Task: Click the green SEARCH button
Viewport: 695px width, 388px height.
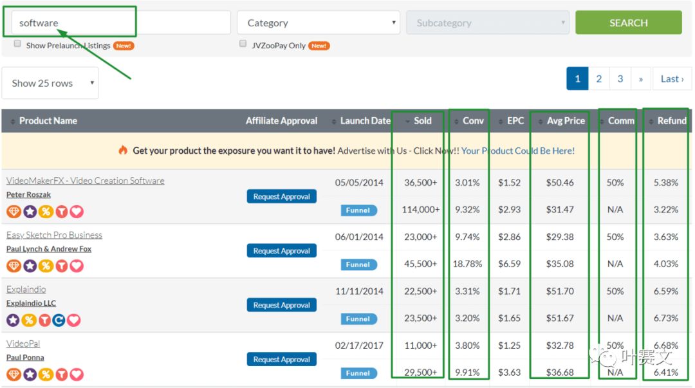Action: [x=628, y=23]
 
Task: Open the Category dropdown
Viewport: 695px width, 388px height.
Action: [x=319, y=23]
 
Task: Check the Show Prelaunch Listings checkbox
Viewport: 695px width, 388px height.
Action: [x=17, y=44]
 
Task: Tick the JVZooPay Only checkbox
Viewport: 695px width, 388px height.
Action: [x=243, y=44]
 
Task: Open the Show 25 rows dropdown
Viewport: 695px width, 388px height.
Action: [x=50, y=83]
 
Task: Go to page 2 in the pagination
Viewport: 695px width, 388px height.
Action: [x=599, y=79]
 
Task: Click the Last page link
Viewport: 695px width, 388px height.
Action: [x=672, y=79]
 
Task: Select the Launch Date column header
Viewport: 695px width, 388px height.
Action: [x=365, y=120]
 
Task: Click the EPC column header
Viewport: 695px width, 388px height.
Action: [x=515, y=120]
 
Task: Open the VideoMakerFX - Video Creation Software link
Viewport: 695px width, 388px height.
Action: [x=85, y=180]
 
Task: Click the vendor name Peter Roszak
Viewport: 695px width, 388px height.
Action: [x=28, y=195]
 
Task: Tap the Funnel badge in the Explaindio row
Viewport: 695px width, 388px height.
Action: [x=358, y=319]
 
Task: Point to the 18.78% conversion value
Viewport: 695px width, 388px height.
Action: [x=467, y=264]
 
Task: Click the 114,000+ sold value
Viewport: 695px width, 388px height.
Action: [x=421, y=209]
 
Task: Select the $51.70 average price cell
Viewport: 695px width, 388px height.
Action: [x=560, y=291]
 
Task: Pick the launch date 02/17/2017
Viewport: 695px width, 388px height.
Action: [x=359, y=346]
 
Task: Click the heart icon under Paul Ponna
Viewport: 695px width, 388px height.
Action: [x=77, y=374]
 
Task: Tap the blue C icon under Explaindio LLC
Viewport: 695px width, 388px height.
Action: [x=59, y=320]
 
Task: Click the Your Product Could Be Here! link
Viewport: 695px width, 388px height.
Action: [x=517, y=151]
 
